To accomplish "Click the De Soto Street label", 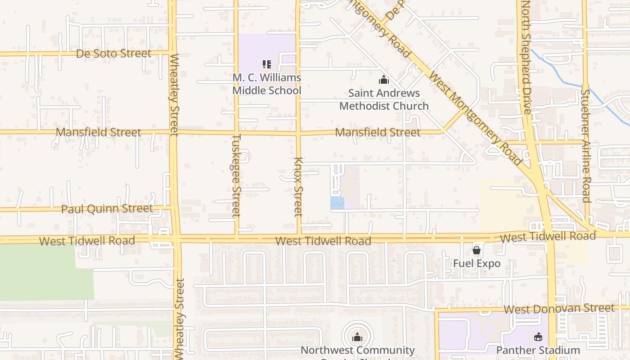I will pyautogui.click(x=113, y=54).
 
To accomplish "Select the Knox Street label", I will pyautogui.click(x=298, y=187).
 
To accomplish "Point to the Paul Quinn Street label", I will pyautogui.click(x=107, y=209).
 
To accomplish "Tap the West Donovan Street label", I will pyautogui.click(x=558, y=309).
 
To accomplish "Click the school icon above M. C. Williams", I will pyautogui.click(x=266, y=65).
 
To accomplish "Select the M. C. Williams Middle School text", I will pyautogui.click(x=266, y=84).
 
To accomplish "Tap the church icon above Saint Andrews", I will pyautogui.click(x=384, y=80).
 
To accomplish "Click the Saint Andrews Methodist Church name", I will pyautogui.click(x=384, y=99).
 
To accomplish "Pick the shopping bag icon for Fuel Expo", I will pyautogui.click(x=477, y=250).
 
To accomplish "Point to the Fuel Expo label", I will pyautogui.click(x=477, y=263).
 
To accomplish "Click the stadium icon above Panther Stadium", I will pyautogui.click(x=538, y=337).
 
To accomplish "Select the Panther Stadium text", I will pyautogui.click(x=538, y=350).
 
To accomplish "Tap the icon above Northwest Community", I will pyautogui.click(x=357, y=337).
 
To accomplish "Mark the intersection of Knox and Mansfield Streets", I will pyautogui.click(x=298, y=133).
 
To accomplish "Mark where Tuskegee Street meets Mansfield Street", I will pyautogui.click(x=236, y=133).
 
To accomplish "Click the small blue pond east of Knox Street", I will pyautogui.click(x=337, y=203).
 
